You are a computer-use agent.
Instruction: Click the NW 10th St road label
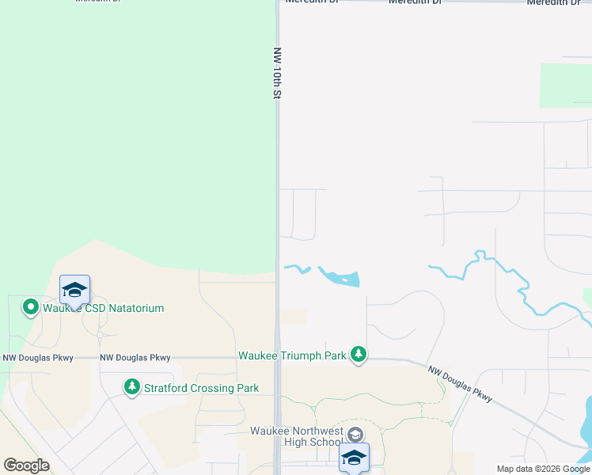(277, 73)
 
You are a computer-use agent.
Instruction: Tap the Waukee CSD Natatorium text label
(104, 308)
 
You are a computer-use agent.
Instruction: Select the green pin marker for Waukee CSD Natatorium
(31, 306)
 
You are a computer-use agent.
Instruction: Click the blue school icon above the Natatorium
(74, 291)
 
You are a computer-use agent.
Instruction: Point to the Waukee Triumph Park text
(292, 355)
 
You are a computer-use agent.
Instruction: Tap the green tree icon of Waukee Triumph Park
(359, 355)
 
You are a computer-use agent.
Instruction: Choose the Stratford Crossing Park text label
(201, 388)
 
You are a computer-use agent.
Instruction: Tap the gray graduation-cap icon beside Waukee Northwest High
(355, 434)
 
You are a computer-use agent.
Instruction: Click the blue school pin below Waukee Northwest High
(354, 458)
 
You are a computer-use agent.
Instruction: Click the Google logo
(26, 465)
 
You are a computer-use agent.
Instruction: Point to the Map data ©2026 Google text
(543, 469)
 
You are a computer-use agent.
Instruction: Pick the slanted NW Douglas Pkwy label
(461, 383)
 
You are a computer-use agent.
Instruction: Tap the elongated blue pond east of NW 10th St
(341, 277)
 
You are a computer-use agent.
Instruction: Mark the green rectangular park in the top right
(565, 85)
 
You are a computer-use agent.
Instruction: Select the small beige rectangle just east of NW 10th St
(294, 317)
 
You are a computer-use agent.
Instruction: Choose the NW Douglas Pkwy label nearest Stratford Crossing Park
(135, 358)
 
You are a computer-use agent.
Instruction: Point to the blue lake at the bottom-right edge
(586, 431)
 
